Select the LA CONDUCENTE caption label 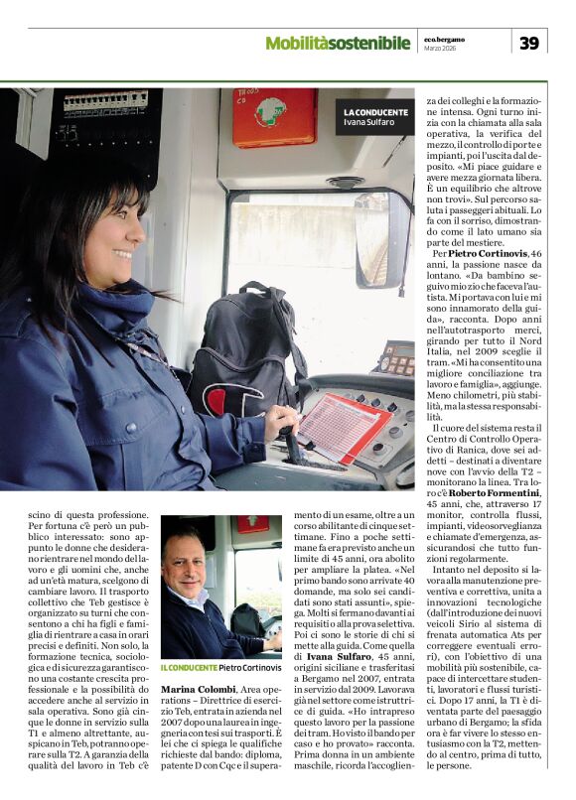coord(375,112)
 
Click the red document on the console coord(342,426)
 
